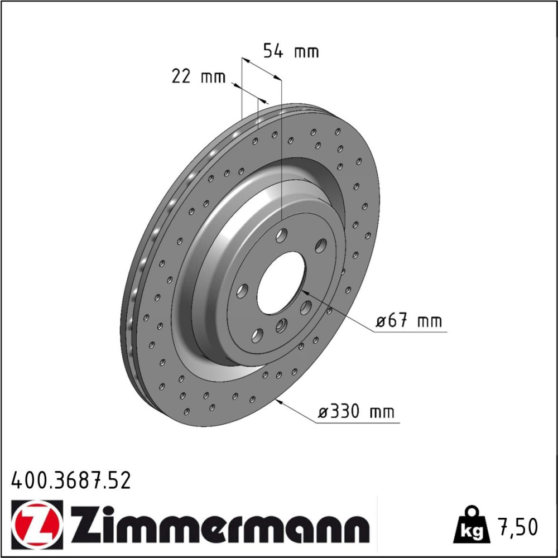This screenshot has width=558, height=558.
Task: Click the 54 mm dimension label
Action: [291, 51]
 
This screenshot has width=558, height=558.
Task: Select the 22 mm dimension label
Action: [199, 76]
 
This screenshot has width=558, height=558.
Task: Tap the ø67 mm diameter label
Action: [409, 321]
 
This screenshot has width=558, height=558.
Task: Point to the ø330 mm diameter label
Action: [356, 412]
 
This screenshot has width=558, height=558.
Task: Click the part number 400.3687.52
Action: [71, 481]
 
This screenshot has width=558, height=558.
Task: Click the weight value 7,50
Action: [519, 527]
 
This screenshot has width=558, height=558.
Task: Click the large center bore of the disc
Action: [281, 282]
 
